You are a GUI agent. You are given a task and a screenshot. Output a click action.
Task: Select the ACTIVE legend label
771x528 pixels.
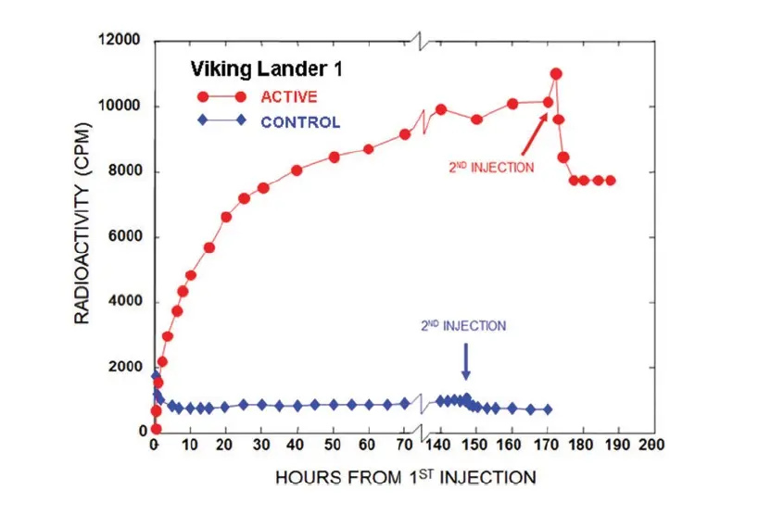(x=288, y=96)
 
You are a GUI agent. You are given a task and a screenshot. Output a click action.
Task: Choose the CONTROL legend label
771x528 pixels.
(x=299, y=121)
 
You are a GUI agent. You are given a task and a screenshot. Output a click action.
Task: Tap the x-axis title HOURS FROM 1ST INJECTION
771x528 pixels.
(x=405, y=478)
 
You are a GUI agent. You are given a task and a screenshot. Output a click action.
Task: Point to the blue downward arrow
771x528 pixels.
(x=466, y=361)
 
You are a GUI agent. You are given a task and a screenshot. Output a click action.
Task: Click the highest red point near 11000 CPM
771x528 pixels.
(x=556, y=74)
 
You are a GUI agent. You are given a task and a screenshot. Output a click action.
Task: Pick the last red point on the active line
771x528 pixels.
(x=610, y=181)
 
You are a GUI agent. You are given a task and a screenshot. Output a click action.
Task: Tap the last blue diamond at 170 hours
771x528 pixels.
(x=547, y=409)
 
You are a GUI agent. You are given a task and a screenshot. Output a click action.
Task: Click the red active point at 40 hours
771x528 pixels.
(x=297, y=170)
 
